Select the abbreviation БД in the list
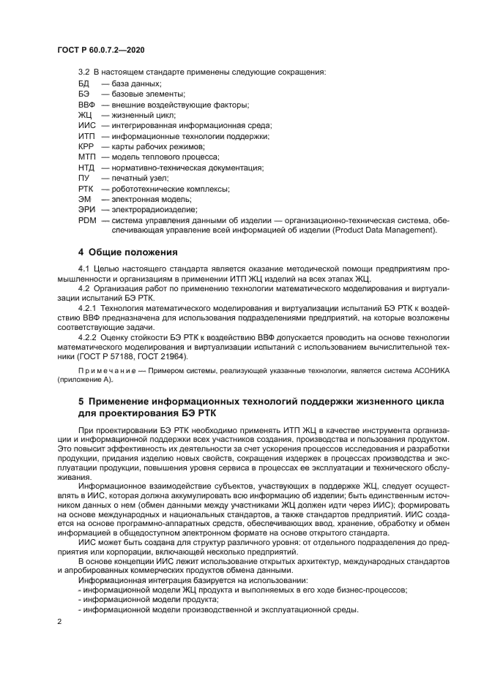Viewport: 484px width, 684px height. (x=83, y=84)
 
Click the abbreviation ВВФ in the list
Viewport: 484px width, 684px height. (x=86, y=105)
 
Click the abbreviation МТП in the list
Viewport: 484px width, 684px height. (x=86, y=157)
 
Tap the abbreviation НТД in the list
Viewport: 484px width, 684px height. (x=86, y=168)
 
